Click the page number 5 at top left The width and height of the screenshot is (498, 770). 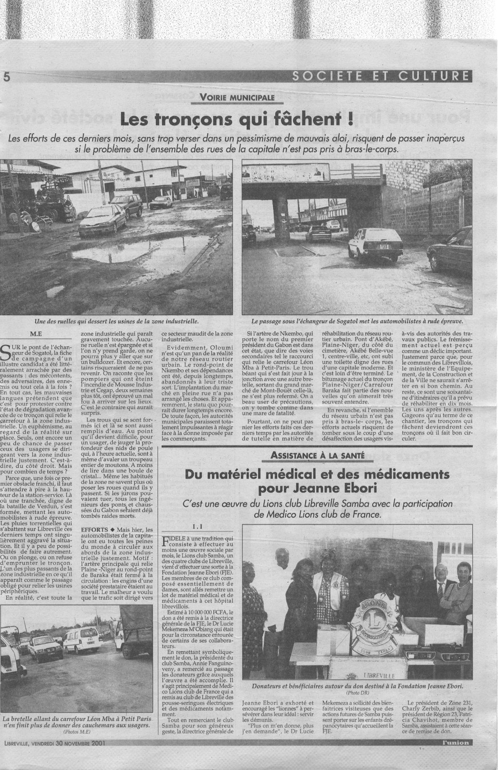pyautogui.click(x=7, y=77)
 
